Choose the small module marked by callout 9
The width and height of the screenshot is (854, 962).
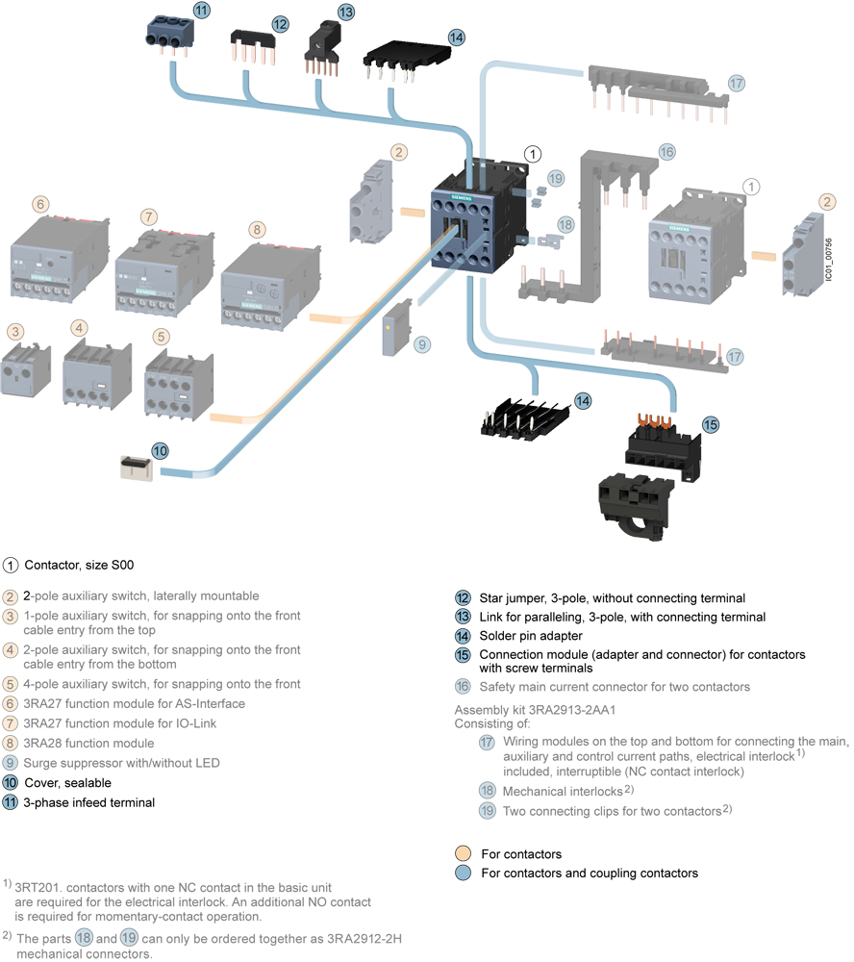[x=396, y=324]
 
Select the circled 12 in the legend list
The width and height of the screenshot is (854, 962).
[x=463, y=596]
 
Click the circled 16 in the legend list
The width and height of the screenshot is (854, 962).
[x=463, y=687]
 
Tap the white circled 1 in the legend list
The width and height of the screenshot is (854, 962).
[x=10, y=565]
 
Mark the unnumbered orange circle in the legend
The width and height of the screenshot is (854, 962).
[x=463, y=853]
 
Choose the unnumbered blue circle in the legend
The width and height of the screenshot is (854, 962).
[x=463, y=873]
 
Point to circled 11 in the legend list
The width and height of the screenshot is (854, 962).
[x=10, y=801]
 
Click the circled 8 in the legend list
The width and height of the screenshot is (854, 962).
[x=10, y=743]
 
